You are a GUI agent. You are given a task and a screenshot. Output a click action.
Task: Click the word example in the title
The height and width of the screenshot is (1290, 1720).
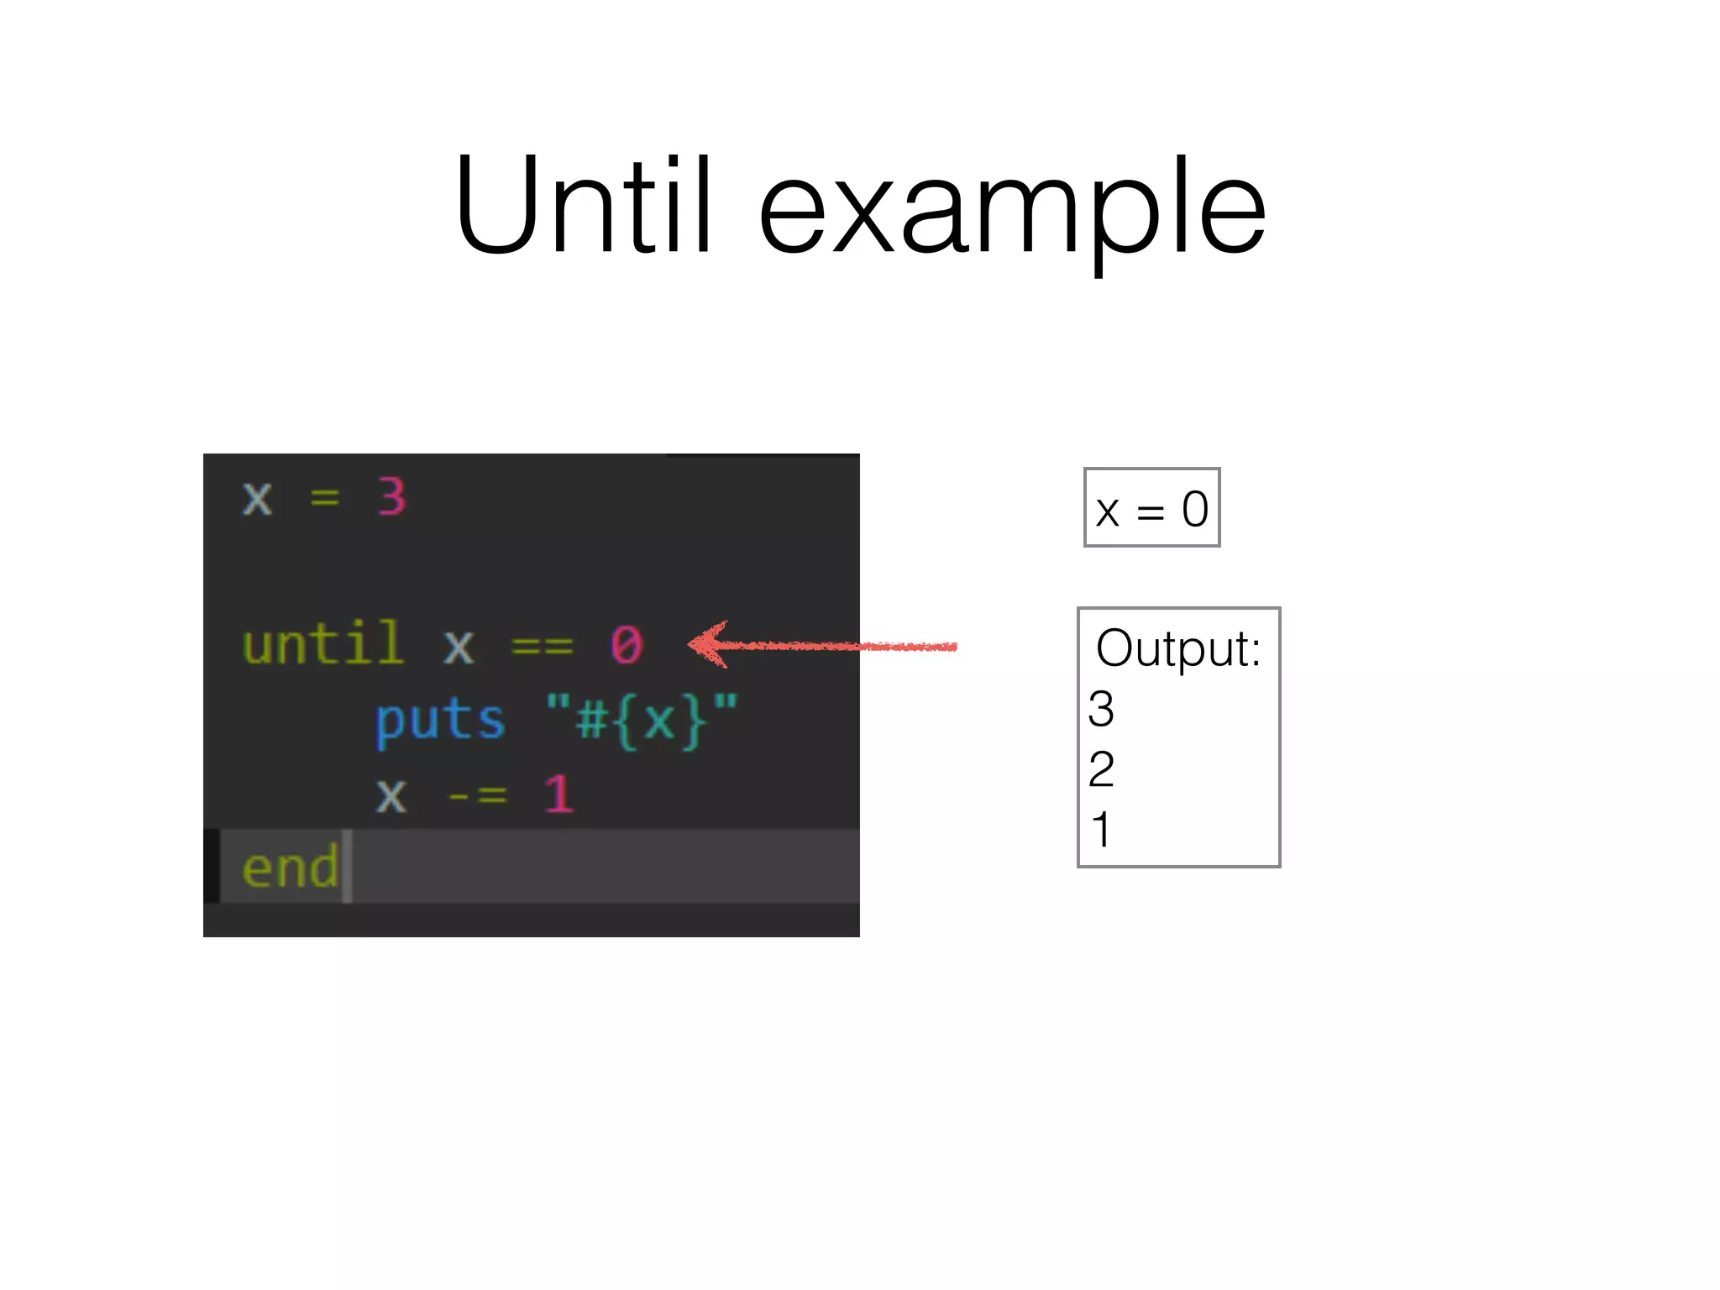click(1011, 210)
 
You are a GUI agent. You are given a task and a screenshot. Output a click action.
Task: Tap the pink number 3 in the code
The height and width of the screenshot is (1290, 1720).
click(391, 496)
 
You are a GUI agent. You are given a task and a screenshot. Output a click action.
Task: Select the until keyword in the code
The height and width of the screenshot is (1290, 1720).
click(322, 644)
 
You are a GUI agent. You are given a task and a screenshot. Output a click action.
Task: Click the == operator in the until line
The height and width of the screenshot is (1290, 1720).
click(542, 646)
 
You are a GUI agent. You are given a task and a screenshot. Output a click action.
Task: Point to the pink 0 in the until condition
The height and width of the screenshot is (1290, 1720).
click(627, 645)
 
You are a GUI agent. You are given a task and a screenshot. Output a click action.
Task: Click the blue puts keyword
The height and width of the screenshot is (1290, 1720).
click(440, 721)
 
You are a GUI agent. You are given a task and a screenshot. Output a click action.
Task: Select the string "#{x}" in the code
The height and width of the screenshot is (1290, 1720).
click(642, 720)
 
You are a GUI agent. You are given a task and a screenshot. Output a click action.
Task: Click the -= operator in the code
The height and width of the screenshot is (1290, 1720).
click(477, 794)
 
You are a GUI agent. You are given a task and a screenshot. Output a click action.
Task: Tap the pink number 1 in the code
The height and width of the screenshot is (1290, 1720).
click(558, 794)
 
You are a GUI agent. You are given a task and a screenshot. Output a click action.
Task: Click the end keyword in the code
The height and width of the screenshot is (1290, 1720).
click(290, 867)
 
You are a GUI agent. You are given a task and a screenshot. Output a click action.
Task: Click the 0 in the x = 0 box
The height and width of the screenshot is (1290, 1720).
click(1194, 509)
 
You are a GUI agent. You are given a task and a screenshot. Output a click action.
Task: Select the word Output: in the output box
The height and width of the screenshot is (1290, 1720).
click(1178, 648)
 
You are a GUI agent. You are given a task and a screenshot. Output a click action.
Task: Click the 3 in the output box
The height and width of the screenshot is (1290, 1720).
click(1101, 709)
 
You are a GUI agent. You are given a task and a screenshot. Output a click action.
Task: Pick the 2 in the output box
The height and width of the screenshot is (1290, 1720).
click(1101, 769)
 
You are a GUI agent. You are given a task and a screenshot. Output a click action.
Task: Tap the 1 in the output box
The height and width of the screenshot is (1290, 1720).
click(1101, 830)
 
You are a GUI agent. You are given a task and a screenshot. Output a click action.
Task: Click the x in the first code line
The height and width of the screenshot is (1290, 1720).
click(257, 498)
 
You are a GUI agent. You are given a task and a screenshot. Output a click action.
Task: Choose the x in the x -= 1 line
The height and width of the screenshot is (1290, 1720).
click(391, 794)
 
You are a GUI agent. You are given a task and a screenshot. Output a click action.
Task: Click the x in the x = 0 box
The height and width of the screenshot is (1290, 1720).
click(1108, 511)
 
